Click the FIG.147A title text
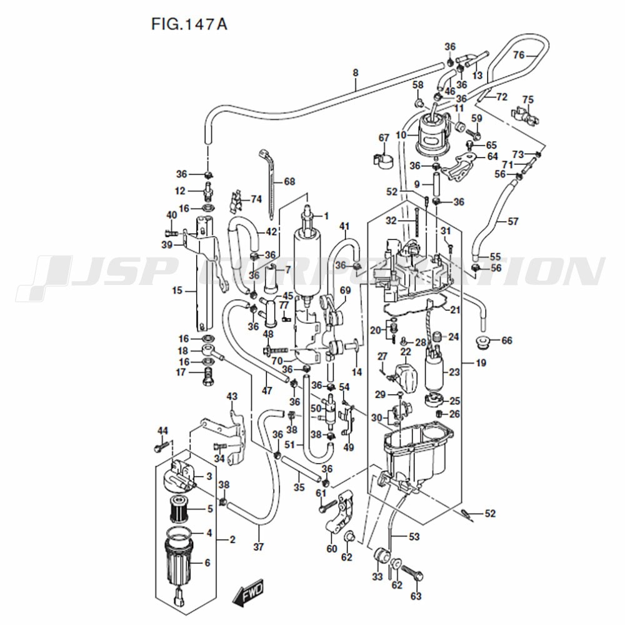point(188,24)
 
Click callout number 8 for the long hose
point(355,73)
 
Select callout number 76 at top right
point(518,55)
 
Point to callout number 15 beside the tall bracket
point(177,291)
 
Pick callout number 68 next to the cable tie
point(289,182)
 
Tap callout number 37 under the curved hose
point(259,547)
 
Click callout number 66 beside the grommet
point(506,341)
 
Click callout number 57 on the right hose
point(512,221)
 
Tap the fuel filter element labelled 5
point(180,509)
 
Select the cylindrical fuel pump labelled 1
point(307,262)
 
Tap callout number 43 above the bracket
point(232,396)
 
